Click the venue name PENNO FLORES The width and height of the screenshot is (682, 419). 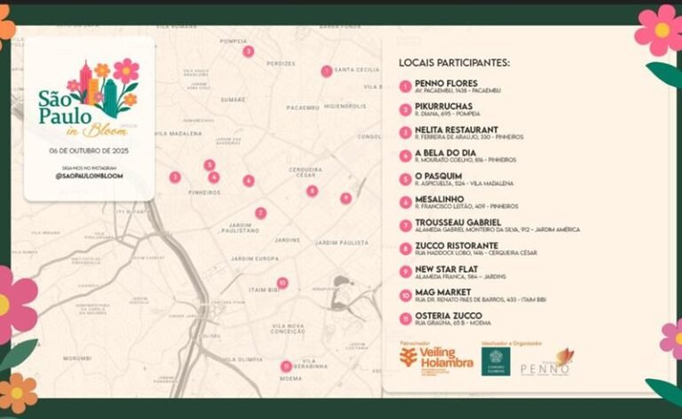coord(446,83)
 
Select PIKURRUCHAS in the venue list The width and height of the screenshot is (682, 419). coord(443,107)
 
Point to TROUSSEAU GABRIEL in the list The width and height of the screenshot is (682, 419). coord(457,222)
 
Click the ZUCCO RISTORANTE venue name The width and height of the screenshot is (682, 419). coord(456,245)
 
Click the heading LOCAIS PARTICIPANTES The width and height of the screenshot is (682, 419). coord(455,63)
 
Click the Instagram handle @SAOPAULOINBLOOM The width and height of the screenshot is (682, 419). coord(89,176)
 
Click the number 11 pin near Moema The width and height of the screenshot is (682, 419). coord(286,366)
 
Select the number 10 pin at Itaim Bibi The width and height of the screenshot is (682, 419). coord(282,283)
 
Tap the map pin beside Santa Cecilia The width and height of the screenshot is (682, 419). coord(327,71)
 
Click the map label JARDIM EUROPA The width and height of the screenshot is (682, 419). coord(256,258)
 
